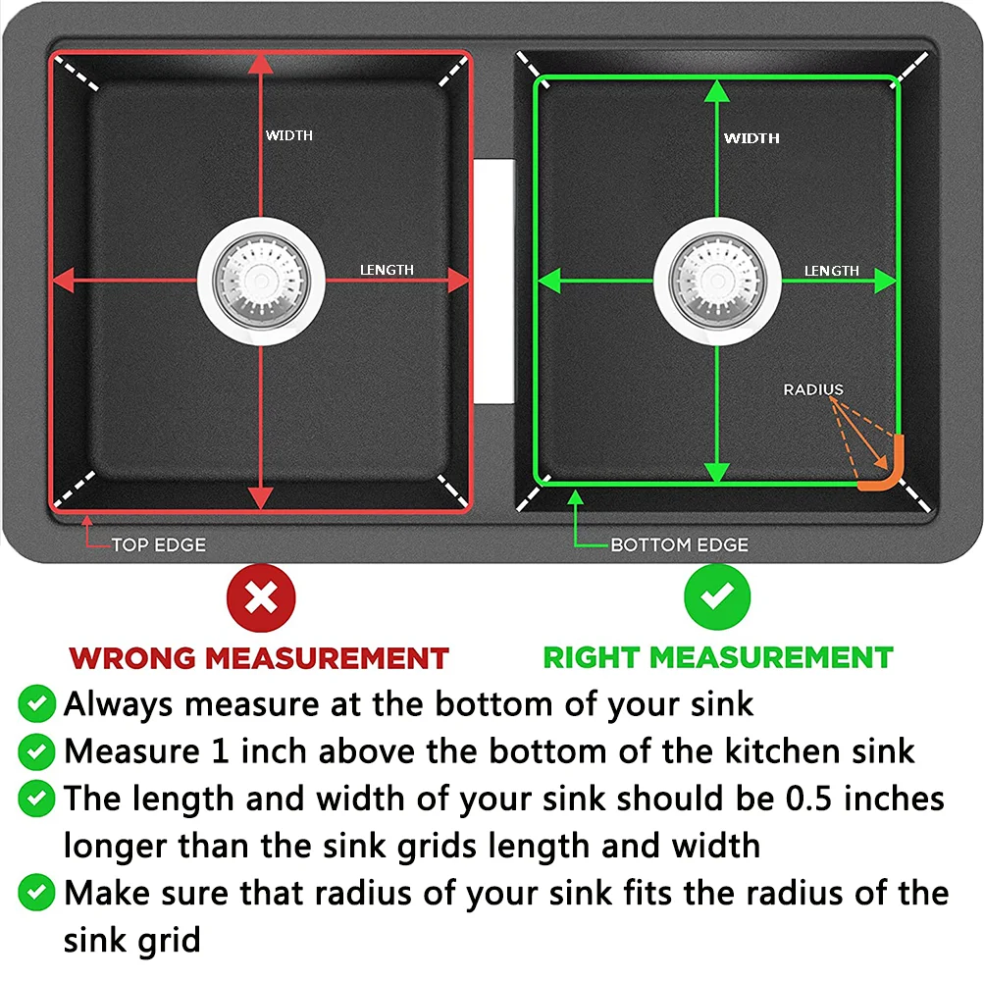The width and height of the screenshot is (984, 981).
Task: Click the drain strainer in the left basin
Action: coord(261,281)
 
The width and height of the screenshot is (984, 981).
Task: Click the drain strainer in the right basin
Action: coord(717,281)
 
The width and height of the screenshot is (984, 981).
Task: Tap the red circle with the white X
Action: coord(260,596)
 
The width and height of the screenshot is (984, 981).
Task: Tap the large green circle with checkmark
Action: coord(717,596)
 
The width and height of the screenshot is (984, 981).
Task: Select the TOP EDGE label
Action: coord(158,544)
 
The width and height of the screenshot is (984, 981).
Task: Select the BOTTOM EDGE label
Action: coord(679,544)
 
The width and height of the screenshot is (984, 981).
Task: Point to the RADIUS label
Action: coord(813,389)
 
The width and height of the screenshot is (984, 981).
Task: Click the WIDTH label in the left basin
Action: coord(289,135)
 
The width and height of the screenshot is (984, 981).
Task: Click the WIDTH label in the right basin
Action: coord(751,138)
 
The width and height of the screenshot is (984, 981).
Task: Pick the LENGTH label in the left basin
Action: coord(387,270)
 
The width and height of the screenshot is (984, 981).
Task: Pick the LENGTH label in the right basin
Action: coord(832,271)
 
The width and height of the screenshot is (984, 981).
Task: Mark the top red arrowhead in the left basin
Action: coord(260,65)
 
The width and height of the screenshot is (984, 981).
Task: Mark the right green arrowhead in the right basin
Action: coord(886,281)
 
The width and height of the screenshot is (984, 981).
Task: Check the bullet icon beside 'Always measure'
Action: coord(37,703)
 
